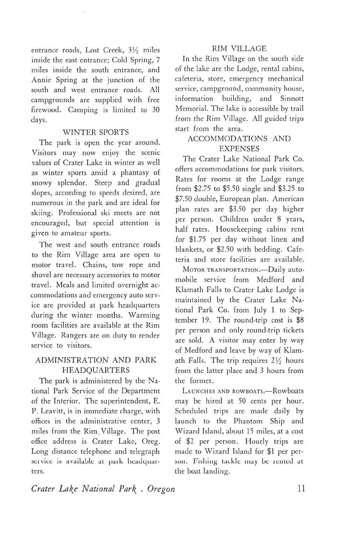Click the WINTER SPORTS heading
point(95,132)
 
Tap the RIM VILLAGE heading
point(239,49)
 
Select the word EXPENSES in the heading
point(239,148)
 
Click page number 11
point(302,489)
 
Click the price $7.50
point(185,199)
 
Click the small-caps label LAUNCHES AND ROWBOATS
point(214,391)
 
